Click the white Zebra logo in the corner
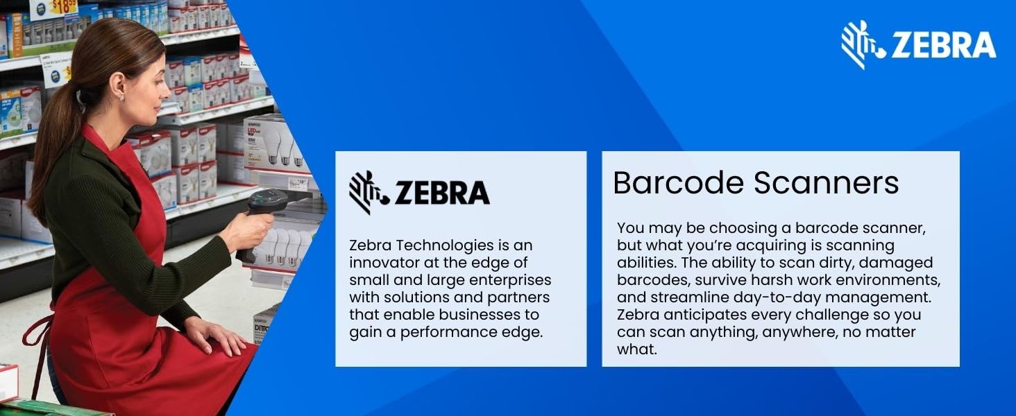(918, 44)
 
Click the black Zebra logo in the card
(419, 193)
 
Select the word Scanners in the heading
(826, 182)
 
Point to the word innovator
(384, 263)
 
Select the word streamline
(689, 297)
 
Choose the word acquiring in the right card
(770, 246)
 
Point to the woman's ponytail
(52, 150)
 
